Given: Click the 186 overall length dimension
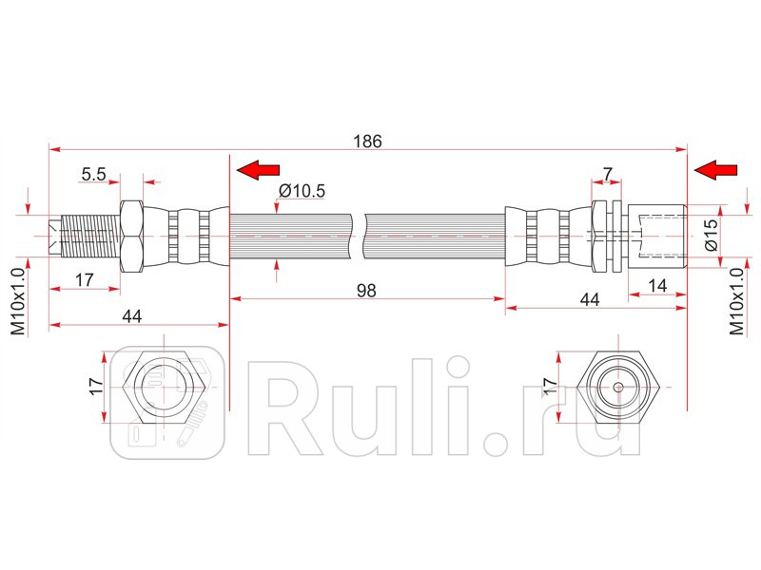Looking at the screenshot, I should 367,141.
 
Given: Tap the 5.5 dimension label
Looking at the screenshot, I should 93,174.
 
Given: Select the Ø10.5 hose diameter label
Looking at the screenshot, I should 302,191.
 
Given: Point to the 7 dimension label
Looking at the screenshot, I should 608,174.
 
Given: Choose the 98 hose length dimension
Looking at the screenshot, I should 366,292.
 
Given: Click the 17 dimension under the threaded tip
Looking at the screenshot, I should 84,280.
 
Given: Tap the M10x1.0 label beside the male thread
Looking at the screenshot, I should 16,298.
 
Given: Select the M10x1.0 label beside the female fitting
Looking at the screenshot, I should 734,298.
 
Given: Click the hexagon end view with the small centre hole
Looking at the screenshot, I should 618,388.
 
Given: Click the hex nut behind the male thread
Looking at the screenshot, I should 131,234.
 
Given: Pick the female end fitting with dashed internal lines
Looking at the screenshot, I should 656,234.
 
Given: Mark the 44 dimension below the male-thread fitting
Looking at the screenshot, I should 132,317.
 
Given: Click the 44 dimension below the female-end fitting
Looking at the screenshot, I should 589,299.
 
